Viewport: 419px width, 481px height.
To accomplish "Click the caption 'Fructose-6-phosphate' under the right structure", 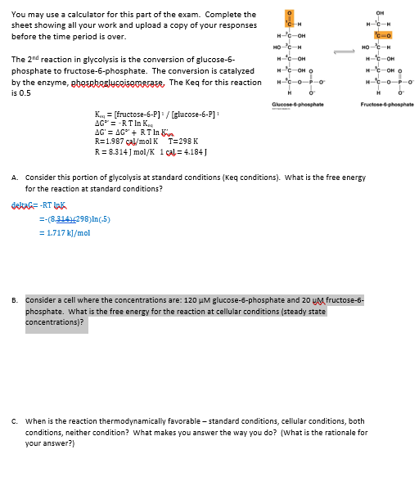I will coord(386,105).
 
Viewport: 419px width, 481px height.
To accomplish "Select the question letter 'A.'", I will coord(16,178).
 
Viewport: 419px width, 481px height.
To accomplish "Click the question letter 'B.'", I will coord(16,300).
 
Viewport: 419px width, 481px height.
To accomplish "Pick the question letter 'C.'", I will coord(16,421).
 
